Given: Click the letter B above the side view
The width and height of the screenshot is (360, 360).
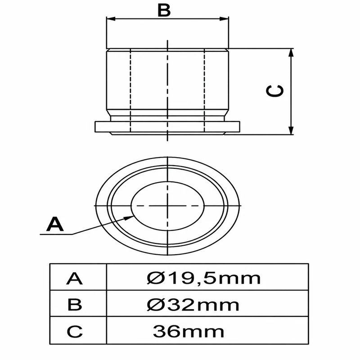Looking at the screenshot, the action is coord(164,10).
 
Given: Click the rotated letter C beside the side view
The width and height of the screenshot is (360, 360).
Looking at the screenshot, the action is coord(274,91).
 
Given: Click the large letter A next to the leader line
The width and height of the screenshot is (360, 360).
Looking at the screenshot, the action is coord(54,224).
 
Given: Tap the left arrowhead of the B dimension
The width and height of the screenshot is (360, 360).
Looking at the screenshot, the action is coord(111,19).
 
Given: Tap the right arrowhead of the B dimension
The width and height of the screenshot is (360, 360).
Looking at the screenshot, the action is coord(224,19).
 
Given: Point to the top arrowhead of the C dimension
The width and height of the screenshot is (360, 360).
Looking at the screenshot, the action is coord(291,53).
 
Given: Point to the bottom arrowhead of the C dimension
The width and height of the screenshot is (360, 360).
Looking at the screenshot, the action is coord(291,130).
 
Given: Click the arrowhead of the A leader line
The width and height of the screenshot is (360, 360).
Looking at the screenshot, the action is coord(129,217).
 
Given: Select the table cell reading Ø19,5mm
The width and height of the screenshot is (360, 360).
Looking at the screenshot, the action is coord(207,277).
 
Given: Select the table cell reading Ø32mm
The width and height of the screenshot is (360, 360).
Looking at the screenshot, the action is coord(207,303).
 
